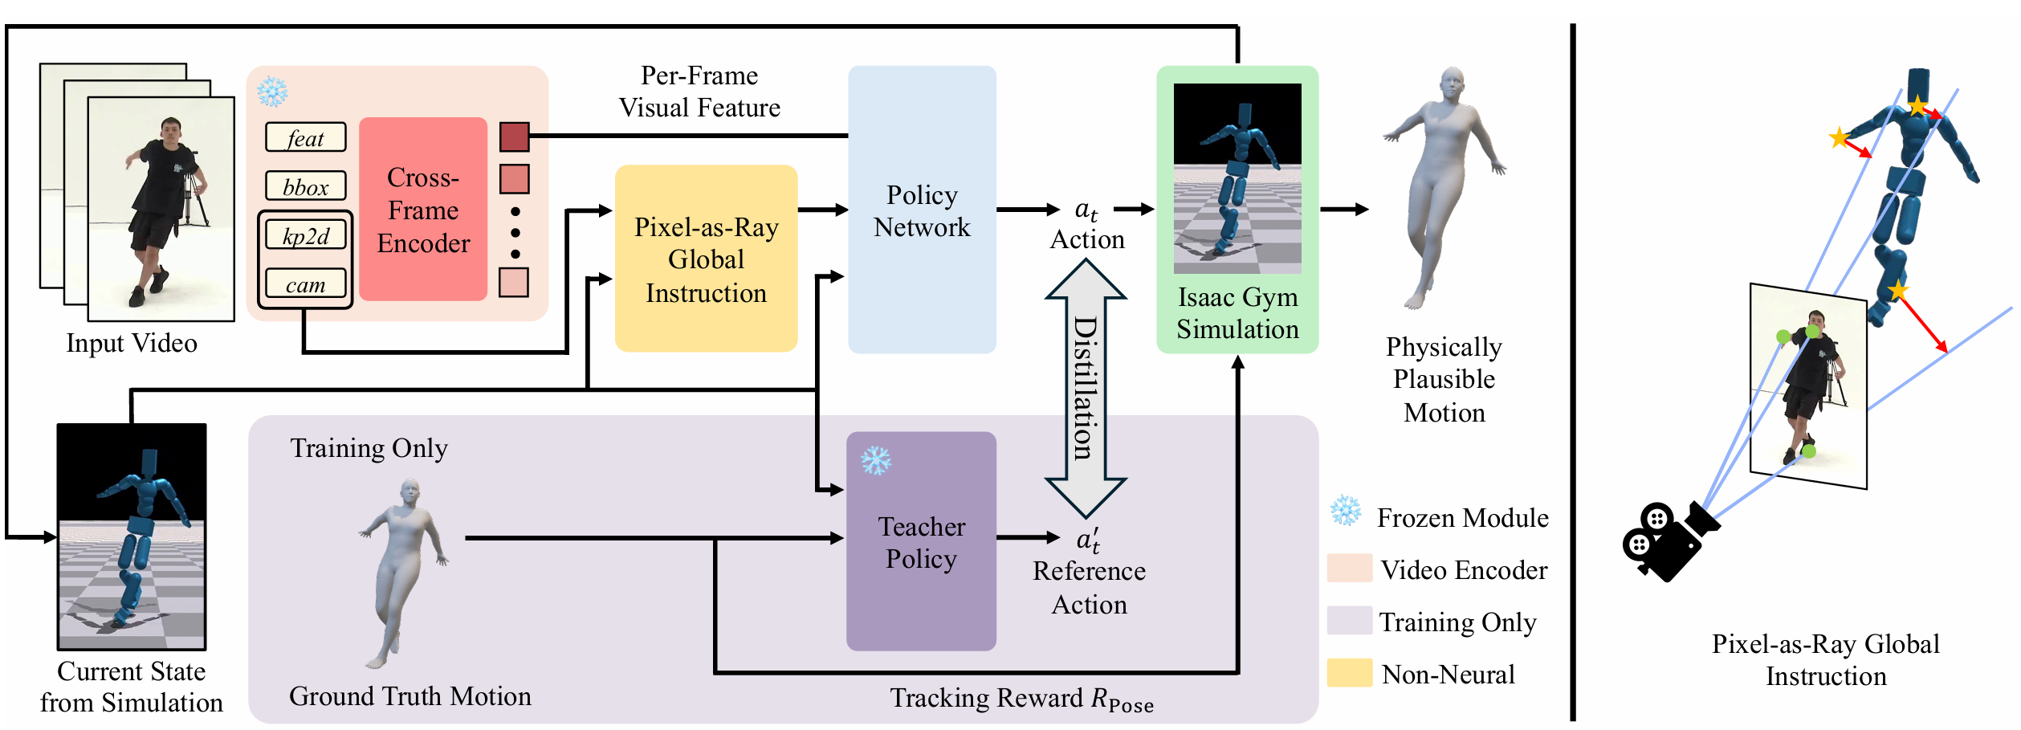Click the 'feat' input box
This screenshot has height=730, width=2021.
click(305, 137)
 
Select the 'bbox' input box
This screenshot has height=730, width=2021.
click(305, 186)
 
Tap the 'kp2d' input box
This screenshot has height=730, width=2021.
click(305, 235)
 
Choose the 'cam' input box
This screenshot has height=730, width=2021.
click(305, 284)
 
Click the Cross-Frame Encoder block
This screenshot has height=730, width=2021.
click(423, 210)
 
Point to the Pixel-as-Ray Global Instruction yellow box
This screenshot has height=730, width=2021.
click(706, 259)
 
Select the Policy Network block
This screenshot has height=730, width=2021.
click(922, 210)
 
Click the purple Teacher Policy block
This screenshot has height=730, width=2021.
click(921, 542)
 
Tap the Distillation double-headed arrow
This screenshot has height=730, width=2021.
click(1086, 389)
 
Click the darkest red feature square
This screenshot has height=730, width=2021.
click(514, 137)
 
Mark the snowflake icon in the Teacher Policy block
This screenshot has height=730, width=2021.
click(875, 461)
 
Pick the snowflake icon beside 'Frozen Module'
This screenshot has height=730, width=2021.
click(1346, 511)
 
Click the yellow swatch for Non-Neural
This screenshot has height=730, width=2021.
click(1349, 673)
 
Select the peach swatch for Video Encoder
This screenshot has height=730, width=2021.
click(1349, 569)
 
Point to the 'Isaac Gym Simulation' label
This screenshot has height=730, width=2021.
click(1237, 313)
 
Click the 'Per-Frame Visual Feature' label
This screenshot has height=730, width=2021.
click(699, 92)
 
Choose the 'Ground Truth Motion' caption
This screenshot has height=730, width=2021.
click(409, 695)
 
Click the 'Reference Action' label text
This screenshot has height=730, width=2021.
click(1089, 587)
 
